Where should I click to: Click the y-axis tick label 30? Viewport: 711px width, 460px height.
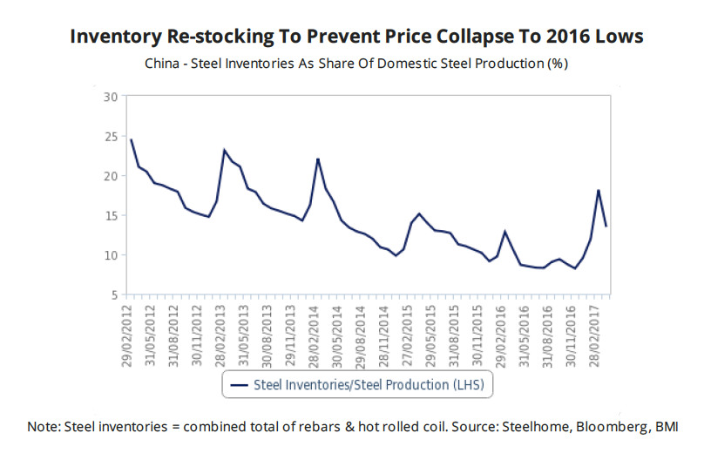[x=109, y=96]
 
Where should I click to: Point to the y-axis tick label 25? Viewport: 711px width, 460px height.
[x=109, y=136]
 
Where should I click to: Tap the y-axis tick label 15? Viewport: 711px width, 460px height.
[x=109, y=215]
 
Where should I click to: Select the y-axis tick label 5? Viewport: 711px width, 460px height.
[x=112, y=294]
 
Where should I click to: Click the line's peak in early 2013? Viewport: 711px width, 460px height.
[x=225, y=150]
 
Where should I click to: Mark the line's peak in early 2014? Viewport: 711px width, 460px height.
[x=318, y=159]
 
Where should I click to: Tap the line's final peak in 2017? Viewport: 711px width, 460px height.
[x=599, y=190]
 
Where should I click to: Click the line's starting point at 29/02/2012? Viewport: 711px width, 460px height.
[x=131, y=139]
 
